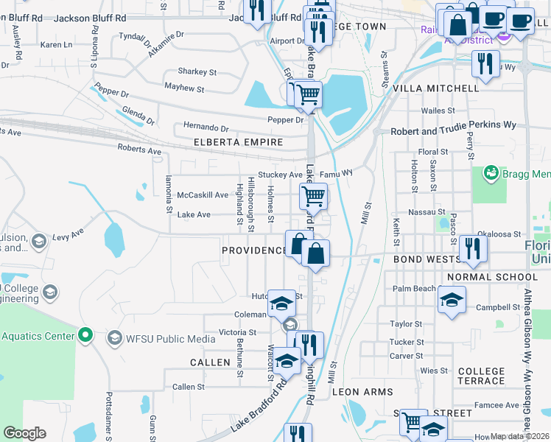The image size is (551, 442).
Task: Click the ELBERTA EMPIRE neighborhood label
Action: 238,141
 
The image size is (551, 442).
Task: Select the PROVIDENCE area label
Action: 254,250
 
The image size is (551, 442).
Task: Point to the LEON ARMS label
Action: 362,392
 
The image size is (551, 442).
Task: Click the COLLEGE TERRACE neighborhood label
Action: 481,378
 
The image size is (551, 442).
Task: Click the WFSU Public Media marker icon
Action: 114,338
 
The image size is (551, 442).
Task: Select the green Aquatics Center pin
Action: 85,336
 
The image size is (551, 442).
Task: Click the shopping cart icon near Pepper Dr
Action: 307,94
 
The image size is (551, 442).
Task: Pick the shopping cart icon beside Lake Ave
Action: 314,196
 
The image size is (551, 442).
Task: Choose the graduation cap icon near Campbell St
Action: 452,300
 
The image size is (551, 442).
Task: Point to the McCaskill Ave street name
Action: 203,195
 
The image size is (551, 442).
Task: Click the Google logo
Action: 25,433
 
